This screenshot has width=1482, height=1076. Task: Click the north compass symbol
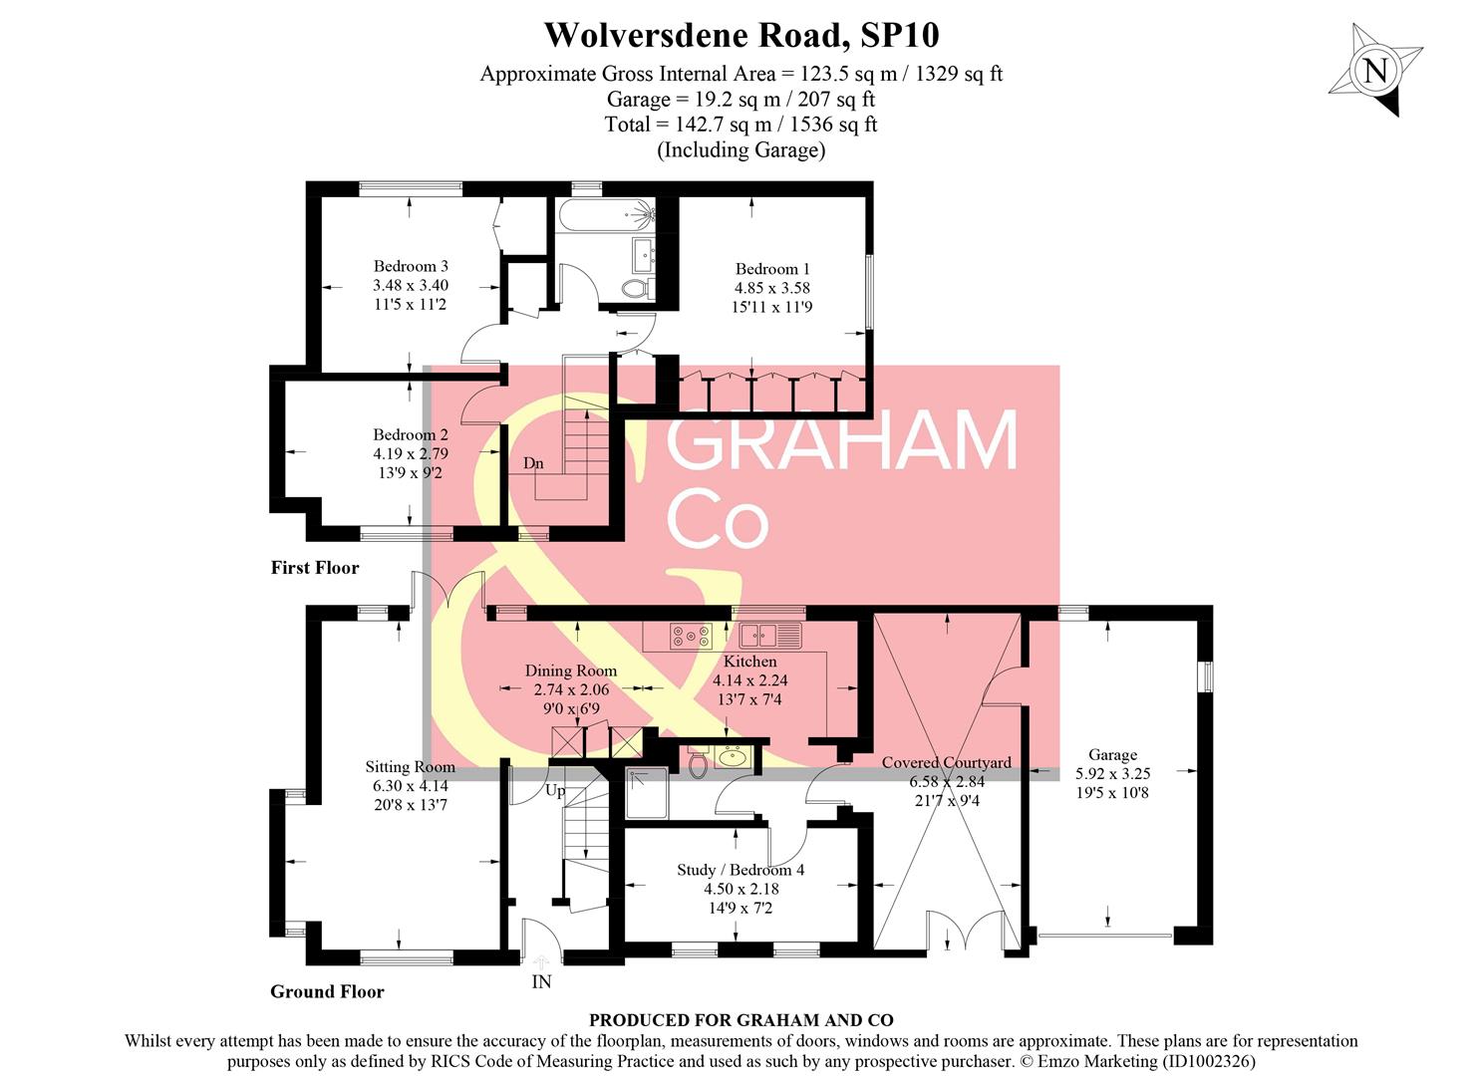point(1375,71)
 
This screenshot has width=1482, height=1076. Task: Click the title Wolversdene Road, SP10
point(741,35)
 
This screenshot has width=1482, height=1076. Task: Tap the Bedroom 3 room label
point(411,266)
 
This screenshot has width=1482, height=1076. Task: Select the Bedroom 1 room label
point(772,269)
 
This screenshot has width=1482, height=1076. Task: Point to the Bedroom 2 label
point(411,434)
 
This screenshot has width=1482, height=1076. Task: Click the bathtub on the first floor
point(604,213)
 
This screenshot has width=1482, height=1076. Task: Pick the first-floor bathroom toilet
point(635,289)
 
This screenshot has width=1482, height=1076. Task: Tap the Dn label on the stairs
point(533,463)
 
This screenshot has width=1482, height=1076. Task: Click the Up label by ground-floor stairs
point(555,791)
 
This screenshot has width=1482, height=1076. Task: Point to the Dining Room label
point(571,671)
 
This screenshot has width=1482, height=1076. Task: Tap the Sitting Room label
point(410,767)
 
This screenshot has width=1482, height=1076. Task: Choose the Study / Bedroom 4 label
point(741,870)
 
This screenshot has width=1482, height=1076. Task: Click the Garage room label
point(1112,755)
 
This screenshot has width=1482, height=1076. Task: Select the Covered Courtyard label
point(946,763)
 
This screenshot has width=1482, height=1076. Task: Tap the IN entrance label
point(541,982)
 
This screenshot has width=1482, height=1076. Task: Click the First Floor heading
point(315,568)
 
